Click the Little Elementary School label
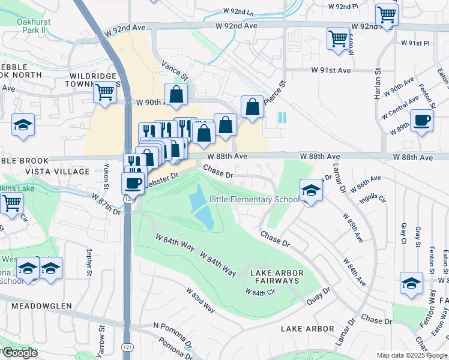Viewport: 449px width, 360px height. pyautogui.click(x=255, y=199)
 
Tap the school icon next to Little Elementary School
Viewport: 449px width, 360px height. pyautogui.click(x=311, y=191)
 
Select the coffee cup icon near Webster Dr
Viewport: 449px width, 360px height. pyautogui.click(x=133, y=182)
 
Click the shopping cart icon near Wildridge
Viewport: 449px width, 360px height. pyautogui.click(x=104, y=92)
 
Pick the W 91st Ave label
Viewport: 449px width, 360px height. pyautogui.click(x=330, y=70)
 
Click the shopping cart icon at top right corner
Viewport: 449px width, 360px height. pyautogui.click(x=387, y=14)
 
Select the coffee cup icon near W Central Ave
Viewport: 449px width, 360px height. pyautogui.click(x=421, y=119)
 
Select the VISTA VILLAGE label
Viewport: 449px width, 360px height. pyautogui.click(x=57, y=172)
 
